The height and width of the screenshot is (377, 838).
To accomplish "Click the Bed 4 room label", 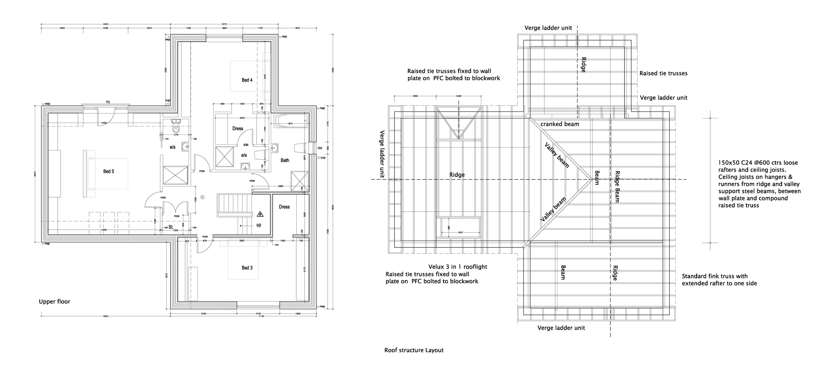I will click(247, 80).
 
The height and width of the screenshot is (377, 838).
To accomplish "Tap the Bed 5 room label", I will click(108, 171).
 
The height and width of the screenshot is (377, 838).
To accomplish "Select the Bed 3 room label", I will click(247, 268).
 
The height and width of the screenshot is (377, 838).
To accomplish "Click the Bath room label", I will click(285, 160).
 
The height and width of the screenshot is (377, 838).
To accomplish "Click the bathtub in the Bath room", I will click(291, 121).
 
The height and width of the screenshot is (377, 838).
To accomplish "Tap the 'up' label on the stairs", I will click(258, 225).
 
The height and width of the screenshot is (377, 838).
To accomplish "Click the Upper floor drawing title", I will click(54, 302).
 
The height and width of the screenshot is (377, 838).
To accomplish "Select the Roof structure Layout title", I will click(414, 350).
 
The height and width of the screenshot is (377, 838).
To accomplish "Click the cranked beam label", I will click(559, 124).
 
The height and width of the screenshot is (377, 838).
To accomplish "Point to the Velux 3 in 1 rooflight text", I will click(458, 267).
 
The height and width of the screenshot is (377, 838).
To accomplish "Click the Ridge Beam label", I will click(617, 187).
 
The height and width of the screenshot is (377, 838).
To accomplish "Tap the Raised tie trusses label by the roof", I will click(663, 73).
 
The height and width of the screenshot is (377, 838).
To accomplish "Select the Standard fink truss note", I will click(719, 280).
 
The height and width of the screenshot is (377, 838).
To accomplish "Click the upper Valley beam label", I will click(557, 155).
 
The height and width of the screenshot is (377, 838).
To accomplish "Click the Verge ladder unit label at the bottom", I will click(561, 328).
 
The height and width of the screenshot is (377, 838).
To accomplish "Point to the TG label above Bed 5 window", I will click(108, 102).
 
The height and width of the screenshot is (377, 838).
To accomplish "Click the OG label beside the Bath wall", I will click(320, 148).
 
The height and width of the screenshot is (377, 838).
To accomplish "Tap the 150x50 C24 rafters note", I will click(759, 184).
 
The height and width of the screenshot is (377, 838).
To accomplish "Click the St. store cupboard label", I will click(171, 227).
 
